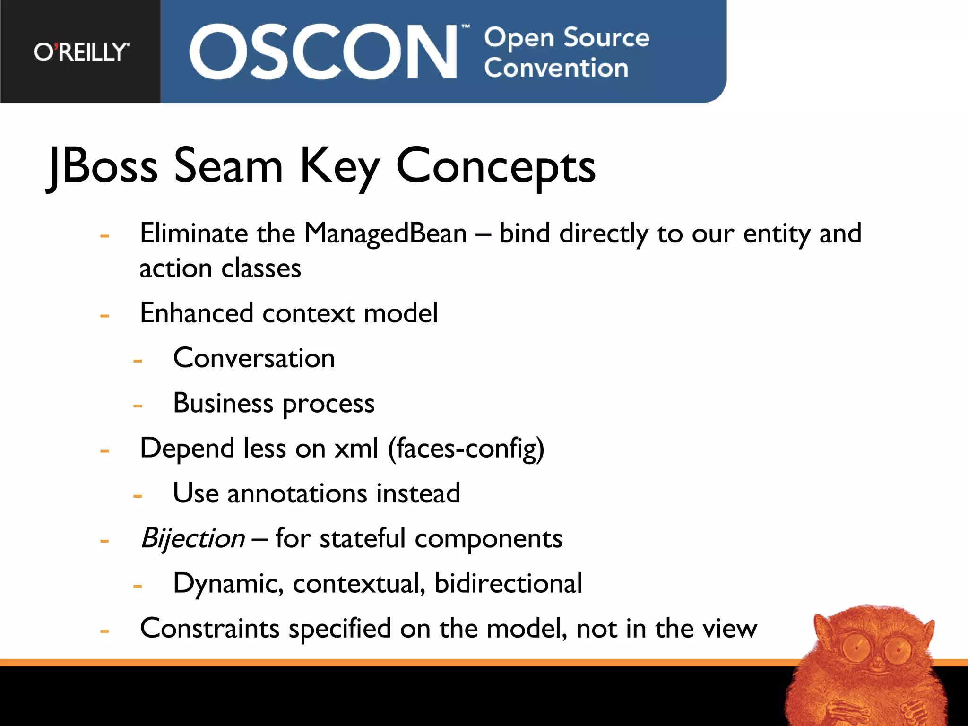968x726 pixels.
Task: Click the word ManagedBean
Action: click(385, 233)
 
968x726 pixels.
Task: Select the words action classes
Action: click(220, 268)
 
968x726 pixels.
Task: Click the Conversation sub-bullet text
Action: click(254, 358)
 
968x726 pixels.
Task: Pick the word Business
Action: click(223, 403)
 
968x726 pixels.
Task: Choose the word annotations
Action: click(297, 493)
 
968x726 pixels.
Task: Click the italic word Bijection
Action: click(193, 538)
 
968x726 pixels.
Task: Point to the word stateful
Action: click(363, 538)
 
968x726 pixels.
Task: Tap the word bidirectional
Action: click(508, 583)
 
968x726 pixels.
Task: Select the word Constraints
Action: click(210, 629)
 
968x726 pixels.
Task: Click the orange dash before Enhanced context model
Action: click(104, 315)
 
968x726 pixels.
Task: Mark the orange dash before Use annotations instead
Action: click(138, 496)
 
